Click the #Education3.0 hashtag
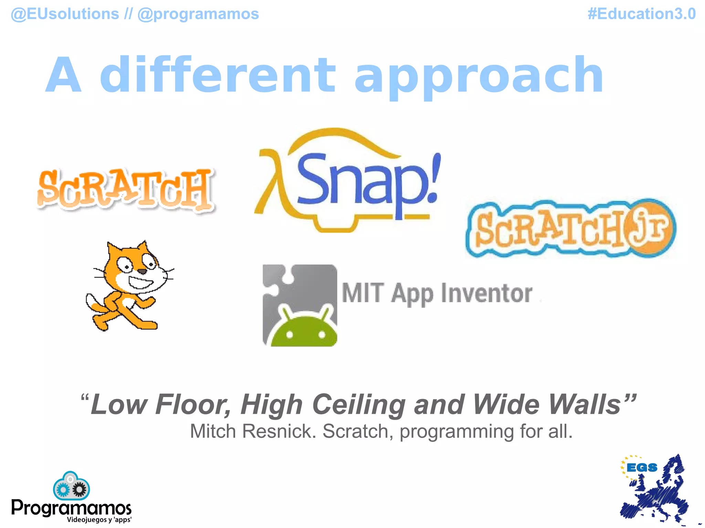point(641,14)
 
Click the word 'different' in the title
point(217,75)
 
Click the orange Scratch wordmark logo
point(125,189)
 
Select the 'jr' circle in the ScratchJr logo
point(651,227)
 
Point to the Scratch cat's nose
point(142,272)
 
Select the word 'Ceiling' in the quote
point(359,405)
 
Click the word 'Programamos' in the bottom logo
point(71,508)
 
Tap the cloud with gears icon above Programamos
point(71,486)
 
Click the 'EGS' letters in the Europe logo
point(642,468)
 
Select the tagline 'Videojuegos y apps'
point(99,520)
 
